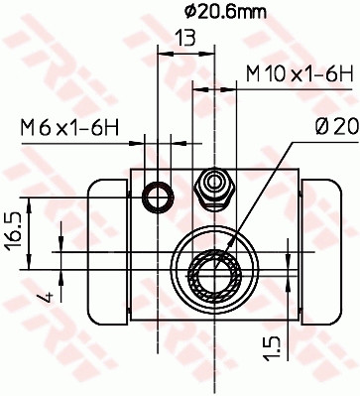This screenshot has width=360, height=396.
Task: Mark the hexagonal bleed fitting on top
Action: (x=212, y=187)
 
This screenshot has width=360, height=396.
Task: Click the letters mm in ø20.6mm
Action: (x=253, y=12)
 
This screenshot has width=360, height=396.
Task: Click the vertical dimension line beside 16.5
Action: (x=32, y=233)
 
